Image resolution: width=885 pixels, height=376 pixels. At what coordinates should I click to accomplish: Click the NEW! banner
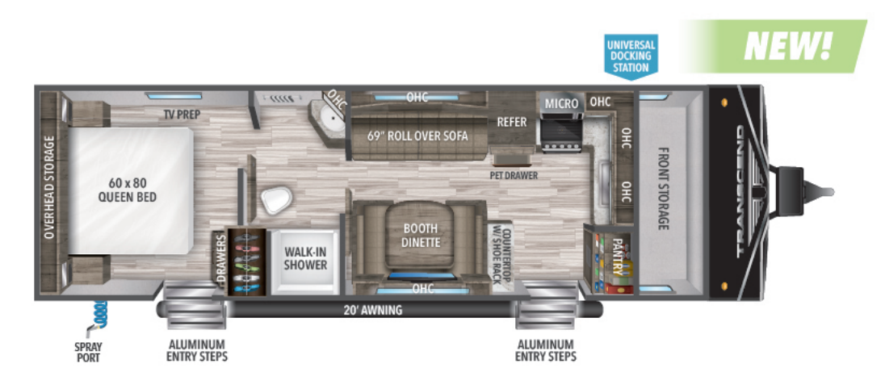coord(774,46)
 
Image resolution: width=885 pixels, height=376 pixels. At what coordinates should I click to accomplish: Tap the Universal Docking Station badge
coord(631,55)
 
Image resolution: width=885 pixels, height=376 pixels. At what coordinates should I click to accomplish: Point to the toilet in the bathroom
coord(276,199)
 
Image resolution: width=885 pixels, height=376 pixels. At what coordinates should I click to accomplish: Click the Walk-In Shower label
coord(305,258)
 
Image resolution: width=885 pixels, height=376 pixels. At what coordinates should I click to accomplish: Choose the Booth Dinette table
coord(419,236)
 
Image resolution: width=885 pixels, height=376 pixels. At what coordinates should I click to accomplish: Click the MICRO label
coord(561,103)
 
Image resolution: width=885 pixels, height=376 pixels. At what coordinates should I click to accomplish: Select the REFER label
coord(511,122)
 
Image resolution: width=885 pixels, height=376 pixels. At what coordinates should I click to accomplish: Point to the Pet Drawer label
coord(514,175)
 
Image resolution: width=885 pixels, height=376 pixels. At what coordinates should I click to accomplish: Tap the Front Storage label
coord(663,189)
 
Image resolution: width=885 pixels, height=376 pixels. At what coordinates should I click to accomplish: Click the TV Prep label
coord(182,115)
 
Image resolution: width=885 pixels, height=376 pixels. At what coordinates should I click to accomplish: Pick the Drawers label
coord(220,258)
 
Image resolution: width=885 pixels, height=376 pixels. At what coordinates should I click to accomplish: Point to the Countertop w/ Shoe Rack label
coord(501,257)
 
